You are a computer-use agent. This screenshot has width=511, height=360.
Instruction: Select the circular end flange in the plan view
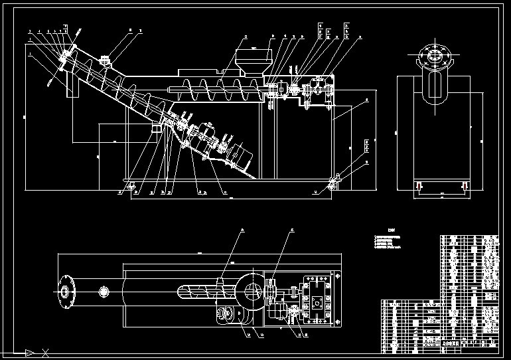pos(65,291)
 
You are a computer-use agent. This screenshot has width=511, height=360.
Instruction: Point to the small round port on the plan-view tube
pos(104,292)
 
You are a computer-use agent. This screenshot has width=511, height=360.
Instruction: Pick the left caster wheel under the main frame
pos(129,186)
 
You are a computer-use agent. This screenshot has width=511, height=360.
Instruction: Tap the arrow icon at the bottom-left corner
pos(29,352)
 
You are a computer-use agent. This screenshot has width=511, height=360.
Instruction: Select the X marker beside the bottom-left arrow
pos(45,352)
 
